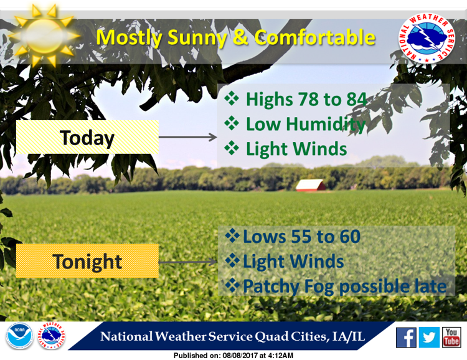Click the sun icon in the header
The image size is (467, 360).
tap(45, 36)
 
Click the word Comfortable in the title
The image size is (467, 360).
tap(314, 37)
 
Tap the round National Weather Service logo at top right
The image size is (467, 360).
tap(427, 38)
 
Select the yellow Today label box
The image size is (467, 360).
tap(87, 137)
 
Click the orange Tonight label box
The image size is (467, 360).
tap(87, 261)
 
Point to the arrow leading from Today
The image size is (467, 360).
tap(188, 137)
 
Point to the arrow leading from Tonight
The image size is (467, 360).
tap(188, 262)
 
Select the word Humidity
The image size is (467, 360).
tap(326, 124)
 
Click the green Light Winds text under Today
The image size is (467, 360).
tap(296, 149)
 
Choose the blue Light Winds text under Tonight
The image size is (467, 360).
tap(293, 262)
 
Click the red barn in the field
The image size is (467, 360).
tap(310, 185)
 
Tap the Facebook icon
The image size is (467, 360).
tap(406, 338)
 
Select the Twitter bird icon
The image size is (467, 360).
tap(429, 338)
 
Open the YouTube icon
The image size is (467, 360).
tap(451, 338)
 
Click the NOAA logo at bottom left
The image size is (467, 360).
tap(19, 336)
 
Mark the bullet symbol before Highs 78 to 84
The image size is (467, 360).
tap(232, 98)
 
